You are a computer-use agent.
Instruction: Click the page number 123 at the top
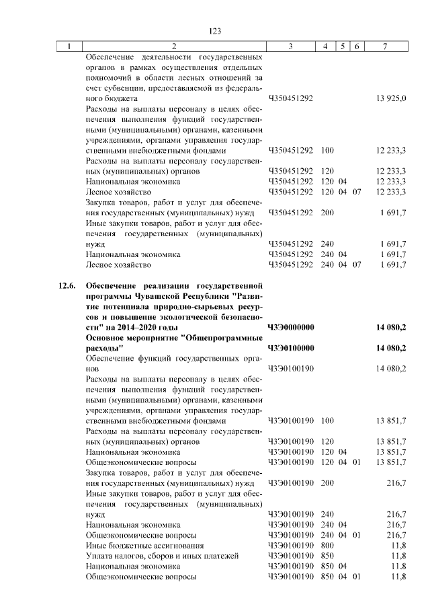[215, 31]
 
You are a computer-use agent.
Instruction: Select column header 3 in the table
[290, 46]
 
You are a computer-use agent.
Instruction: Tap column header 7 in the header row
[384, 46]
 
